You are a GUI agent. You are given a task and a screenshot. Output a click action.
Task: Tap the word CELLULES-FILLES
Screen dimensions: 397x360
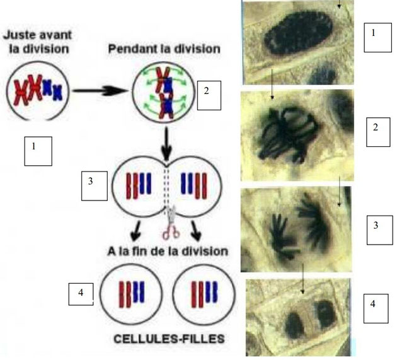(169, 339)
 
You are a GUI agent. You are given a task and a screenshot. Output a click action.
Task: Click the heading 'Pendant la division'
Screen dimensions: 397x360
(164, 49)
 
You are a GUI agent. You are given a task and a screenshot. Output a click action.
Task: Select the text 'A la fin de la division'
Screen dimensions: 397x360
(168, 252)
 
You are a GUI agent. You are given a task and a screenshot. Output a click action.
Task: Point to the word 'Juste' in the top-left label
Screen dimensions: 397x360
(17, 35)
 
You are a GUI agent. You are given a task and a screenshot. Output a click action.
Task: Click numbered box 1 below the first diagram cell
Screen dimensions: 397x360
(38, 151)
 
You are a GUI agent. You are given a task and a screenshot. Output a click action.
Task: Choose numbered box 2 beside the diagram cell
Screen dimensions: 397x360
(209, 95)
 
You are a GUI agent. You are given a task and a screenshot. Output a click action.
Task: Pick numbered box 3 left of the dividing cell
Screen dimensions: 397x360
(94, 186)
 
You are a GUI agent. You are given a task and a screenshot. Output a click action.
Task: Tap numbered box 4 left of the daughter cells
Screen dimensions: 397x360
(81, 294)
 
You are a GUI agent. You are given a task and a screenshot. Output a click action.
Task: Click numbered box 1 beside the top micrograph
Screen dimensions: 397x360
(377, 37)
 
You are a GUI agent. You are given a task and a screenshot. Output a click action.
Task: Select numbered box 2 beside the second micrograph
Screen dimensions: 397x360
(378, 132)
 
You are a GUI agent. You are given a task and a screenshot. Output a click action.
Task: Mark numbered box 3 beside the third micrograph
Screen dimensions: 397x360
(380, 230)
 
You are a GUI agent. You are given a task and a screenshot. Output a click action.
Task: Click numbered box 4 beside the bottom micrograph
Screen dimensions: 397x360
(376, 308)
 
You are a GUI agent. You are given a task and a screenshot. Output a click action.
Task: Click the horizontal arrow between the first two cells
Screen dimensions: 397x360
(101, 91)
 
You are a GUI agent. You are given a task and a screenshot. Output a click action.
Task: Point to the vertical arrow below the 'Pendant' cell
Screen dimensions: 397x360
(166, 144)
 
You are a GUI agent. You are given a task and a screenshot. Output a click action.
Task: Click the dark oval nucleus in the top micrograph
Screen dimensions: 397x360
(299, 33)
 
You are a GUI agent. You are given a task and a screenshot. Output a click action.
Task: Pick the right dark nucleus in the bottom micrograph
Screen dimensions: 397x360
(326, 314)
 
